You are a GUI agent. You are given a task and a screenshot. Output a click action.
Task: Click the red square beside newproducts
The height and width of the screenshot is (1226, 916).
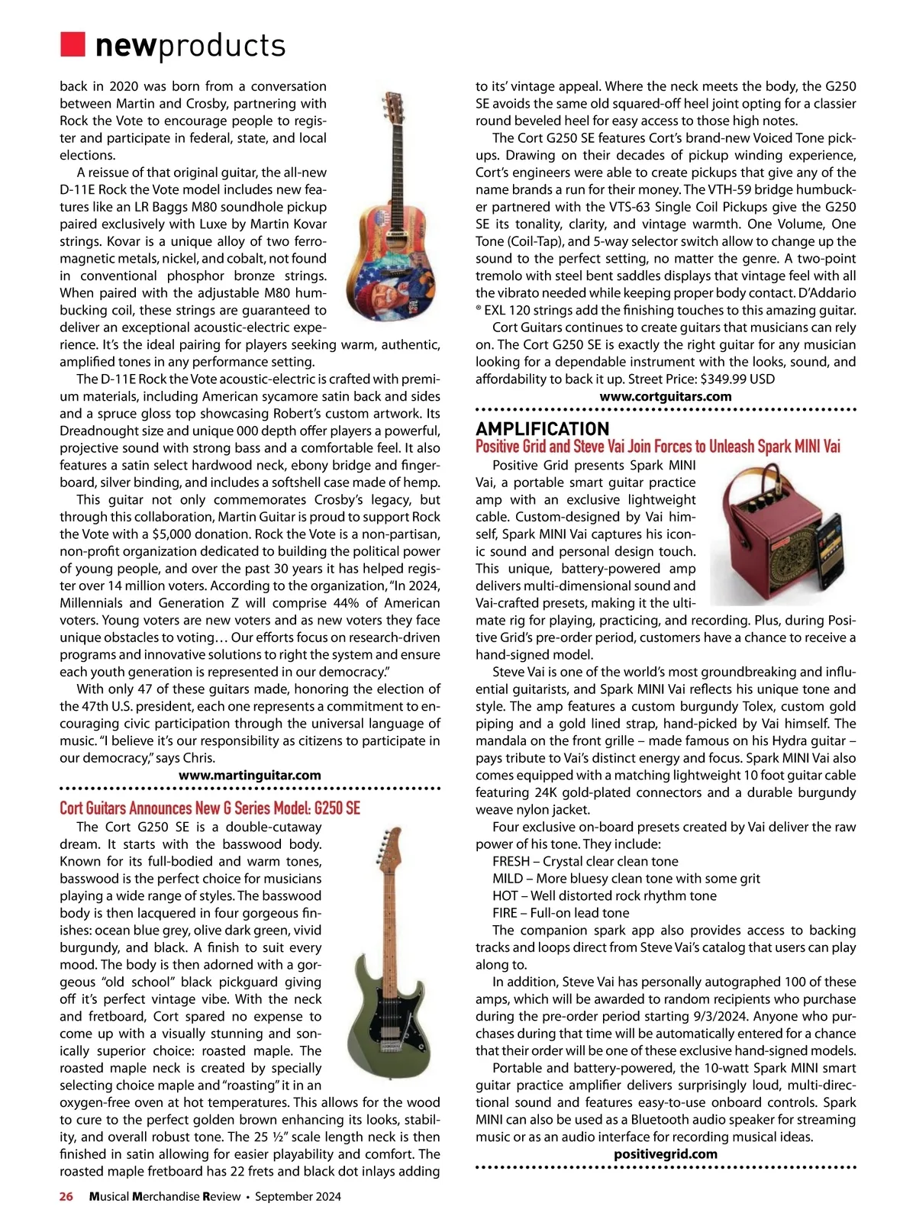tap(73, 44)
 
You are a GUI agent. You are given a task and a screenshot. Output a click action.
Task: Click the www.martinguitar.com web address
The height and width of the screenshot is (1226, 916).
tap(250, 776)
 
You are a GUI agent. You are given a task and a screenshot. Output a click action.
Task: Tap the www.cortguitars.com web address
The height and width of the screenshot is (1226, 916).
tap(666, 397)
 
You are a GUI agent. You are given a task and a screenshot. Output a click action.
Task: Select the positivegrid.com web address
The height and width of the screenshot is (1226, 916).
tap(666, 1154)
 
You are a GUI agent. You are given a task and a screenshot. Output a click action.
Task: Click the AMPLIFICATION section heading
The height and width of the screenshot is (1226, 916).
tap(543, 429)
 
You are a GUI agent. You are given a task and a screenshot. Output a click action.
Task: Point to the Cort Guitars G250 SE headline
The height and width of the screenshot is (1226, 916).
tap(210, 808)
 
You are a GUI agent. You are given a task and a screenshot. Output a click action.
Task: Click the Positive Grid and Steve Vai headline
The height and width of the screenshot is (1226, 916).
tap(658, 447)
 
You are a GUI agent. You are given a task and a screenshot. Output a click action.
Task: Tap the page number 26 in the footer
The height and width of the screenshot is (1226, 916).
tap(66, 1197)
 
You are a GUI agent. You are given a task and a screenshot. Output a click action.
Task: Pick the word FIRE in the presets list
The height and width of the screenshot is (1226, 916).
tap(505, 913)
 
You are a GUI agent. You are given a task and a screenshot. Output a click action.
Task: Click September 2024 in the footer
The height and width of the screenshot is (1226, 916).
tap(298, 1197)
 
